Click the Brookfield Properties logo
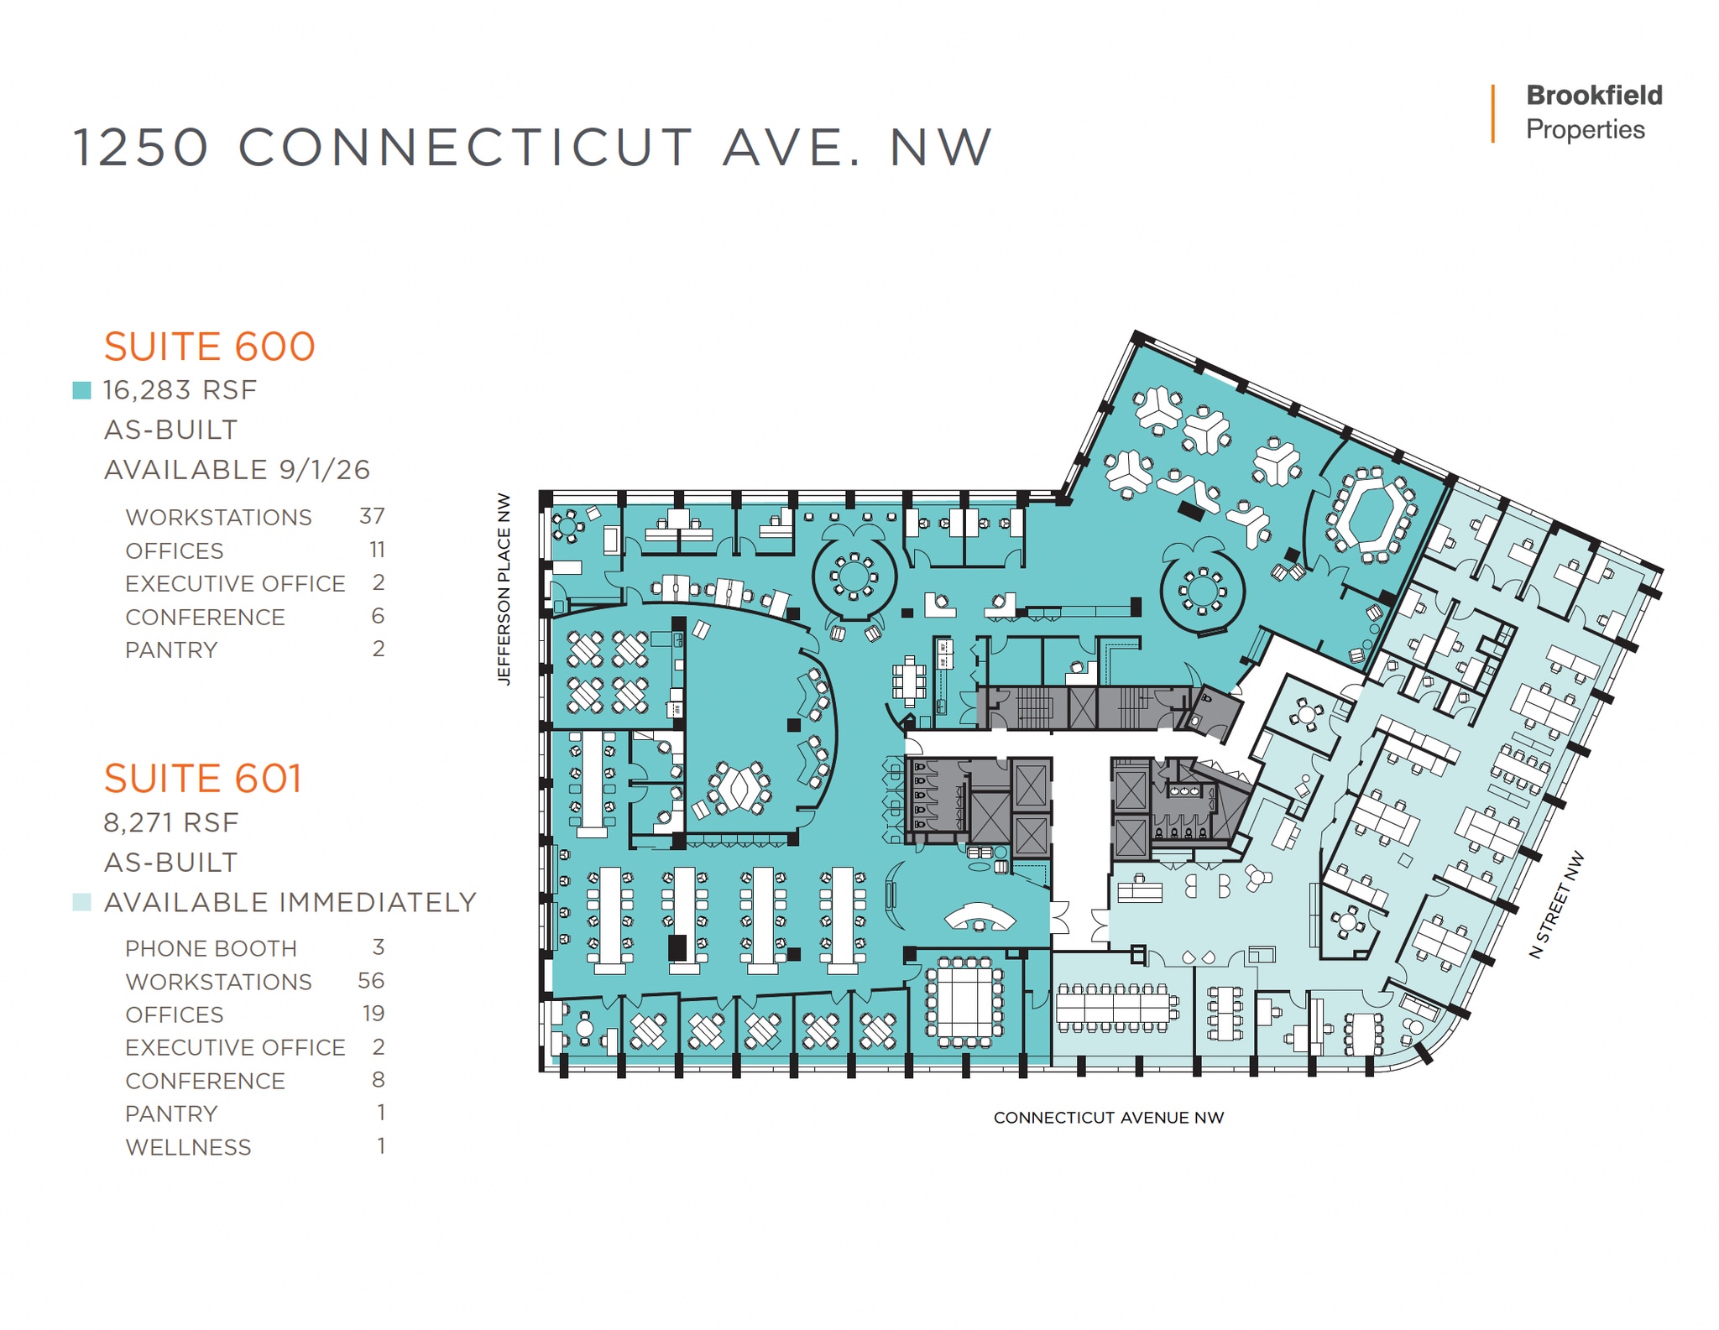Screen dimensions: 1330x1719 pos(1592,112)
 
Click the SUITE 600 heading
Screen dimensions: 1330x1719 pos(209,347)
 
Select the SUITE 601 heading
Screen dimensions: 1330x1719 pos(202,779)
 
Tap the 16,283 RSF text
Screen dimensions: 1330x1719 pos(180,390)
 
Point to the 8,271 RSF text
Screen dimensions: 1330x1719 pos(171,822)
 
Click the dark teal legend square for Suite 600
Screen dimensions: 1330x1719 pos(81,390)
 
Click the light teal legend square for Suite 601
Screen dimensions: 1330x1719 pos(81,903)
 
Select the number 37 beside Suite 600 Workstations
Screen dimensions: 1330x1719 pos(372,516)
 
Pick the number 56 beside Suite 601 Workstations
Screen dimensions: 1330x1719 pos(371,981)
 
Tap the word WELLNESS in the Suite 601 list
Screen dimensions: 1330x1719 pos(188,1147)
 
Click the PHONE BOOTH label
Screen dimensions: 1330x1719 pos(211,948)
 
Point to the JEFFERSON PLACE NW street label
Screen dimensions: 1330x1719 pos(504,588)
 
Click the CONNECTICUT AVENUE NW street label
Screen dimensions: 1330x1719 pos(1108,1118)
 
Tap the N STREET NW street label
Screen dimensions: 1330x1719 pos(1557,905)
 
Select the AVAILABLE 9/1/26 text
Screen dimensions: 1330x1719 pos(237,470)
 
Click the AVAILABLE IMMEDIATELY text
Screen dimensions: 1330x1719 pos(290,903)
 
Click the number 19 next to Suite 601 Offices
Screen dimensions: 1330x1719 pos(374,1014)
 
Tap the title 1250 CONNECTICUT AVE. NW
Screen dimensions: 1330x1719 pos(532,148)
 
